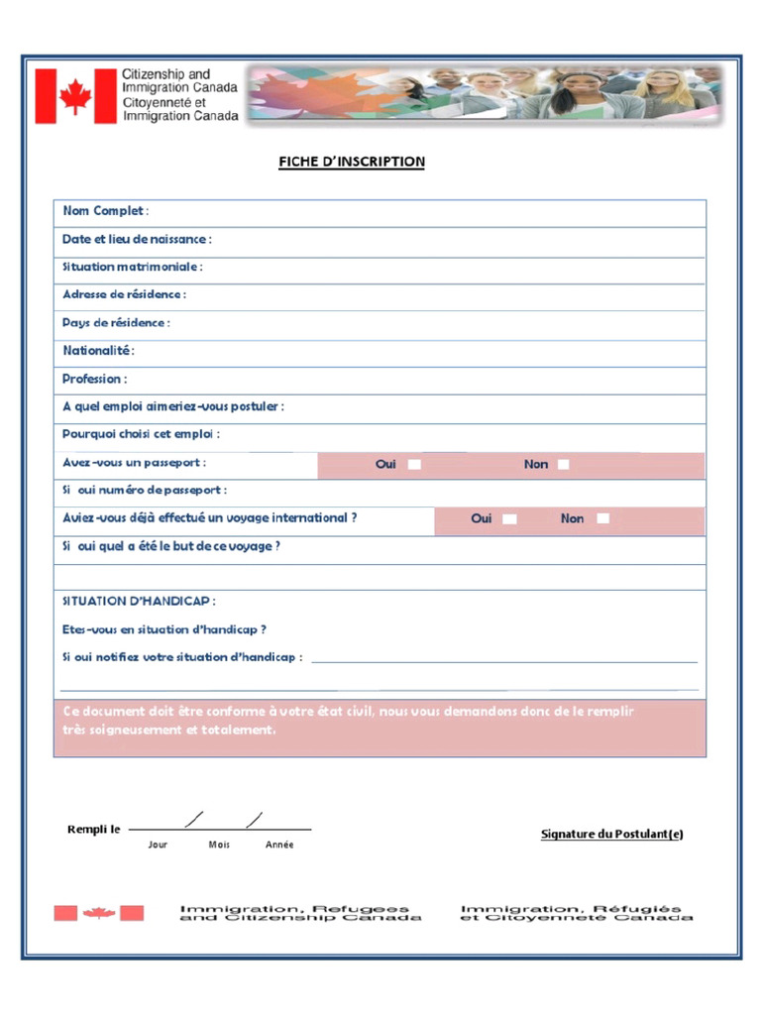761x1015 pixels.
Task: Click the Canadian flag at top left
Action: tap(75, 96)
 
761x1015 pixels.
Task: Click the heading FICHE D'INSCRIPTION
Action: tap(351, 162)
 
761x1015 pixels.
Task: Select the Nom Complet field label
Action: tap(105, 211)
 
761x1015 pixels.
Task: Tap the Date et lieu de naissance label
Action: tap(137, 239)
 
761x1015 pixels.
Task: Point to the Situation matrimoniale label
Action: tap(132, 267)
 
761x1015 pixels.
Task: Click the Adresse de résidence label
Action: tap(124, 294)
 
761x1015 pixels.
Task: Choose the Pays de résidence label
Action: tap(116, 322)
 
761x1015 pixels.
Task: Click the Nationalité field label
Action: tap(98, 350)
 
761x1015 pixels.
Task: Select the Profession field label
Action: tap(94, 379)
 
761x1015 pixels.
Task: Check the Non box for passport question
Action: tap(563, 464)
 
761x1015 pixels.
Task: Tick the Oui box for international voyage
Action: tap(509, 518)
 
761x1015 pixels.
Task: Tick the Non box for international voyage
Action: tap(602, 518)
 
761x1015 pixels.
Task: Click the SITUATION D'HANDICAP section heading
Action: tap(139, 602)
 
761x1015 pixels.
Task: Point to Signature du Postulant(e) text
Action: tap(611, 834)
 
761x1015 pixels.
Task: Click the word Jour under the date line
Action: tap(158, 845)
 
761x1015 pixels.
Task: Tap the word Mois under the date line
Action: tap(219, 845)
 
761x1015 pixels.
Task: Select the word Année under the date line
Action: tap(279, 845)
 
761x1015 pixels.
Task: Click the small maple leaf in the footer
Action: tap(99, 913)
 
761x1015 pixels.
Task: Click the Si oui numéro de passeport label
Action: tap(144, 490)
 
